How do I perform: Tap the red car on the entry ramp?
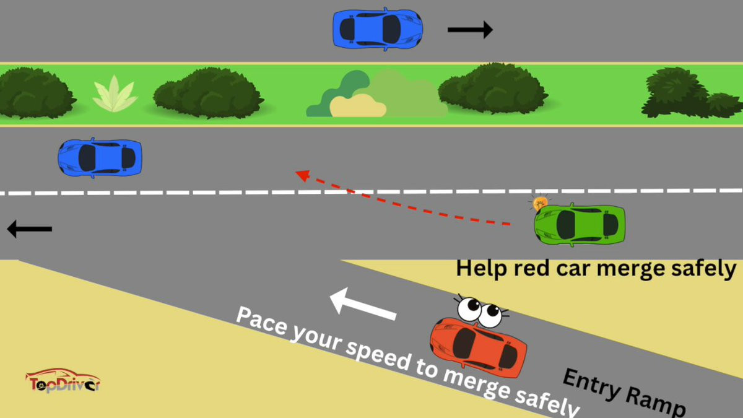[x=479, y=347]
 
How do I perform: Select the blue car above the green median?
[x=378, y=28]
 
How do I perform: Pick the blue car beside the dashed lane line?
[x=100, y=157]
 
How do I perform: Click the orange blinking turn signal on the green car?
[x=541, y=202]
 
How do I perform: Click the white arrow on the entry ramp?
[x=363, y=304]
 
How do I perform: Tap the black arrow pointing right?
[x=470, y=29]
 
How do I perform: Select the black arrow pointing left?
[x=29, y=229]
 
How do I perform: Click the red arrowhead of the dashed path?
[x=302, y=175]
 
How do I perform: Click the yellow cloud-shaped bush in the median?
[x=358, y=106]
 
